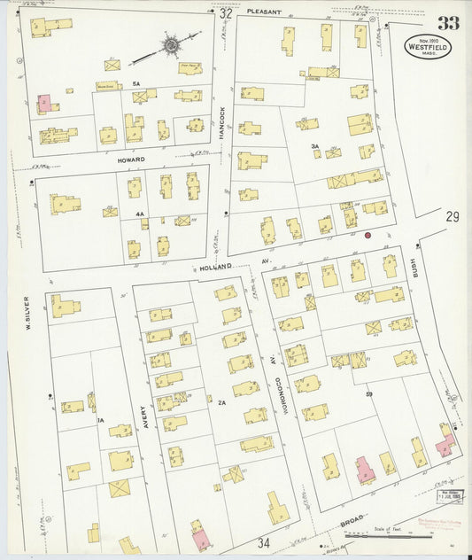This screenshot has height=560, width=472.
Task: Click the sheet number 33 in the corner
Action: [x=448, y=22]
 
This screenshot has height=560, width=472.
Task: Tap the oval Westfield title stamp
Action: [x=429, y=47]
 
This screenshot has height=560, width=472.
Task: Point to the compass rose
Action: [x=169, y=43]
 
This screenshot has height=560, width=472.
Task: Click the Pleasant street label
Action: [x=264, y=12]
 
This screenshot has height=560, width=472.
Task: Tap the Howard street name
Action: [x=131, y=159]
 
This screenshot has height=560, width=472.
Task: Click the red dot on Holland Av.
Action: [x=368, y=236]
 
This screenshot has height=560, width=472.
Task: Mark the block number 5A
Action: [x=136, y=83]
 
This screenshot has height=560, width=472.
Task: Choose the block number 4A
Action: [x=139, y=214]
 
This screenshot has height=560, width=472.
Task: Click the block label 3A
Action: [x=313, y=146]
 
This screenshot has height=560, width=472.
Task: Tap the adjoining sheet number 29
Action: [x=453, y=217]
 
